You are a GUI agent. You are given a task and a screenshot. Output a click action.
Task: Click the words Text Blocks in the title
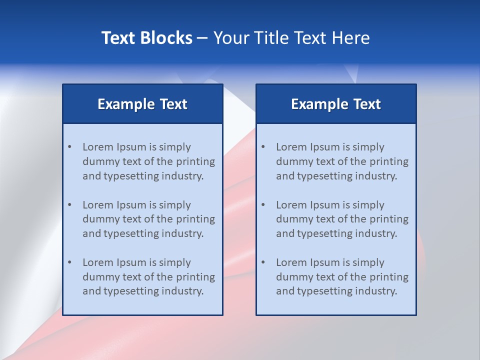tap(147, 38)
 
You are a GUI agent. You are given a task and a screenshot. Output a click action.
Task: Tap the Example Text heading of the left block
tap(142, 104)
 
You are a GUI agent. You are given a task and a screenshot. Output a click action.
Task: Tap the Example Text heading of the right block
tap(336, 104)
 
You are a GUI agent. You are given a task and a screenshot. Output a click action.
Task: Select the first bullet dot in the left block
tap(70, 147)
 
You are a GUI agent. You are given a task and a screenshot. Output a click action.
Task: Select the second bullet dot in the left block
tap(70, 205)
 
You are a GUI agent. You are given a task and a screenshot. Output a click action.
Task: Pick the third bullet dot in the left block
tap(70, 262)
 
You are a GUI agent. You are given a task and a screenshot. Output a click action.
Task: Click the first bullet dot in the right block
tap(263, 147)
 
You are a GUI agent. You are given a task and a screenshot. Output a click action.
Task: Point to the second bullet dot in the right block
tap(263, 205)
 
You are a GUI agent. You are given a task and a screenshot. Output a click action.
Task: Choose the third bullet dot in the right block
tap(263, 262)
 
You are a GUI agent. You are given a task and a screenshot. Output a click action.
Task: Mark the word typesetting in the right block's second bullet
tap(325, 233)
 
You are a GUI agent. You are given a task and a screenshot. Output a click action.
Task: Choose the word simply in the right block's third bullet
tap(368, 262)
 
